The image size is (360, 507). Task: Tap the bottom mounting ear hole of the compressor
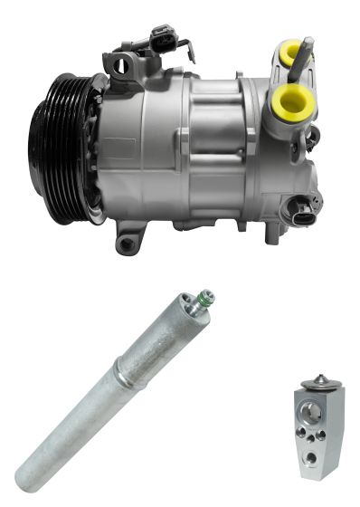coord(128,244)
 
